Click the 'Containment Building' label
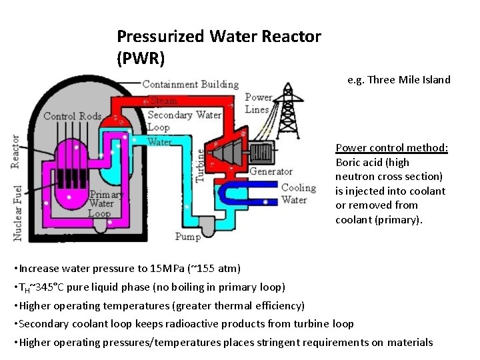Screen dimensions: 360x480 pos(190,85)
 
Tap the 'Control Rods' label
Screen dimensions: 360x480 pos(72,116)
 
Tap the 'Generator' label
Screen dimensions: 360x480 pos(271,171)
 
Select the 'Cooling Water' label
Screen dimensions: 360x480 pos(298,194)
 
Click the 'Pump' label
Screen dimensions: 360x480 pos(187,237)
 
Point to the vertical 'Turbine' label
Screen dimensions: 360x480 pos(200,165)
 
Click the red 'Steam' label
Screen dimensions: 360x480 pos(163,101)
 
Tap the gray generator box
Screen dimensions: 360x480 pos(262,153)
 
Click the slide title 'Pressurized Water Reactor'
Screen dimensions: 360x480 pos(219,36)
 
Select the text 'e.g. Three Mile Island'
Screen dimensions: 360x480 pos(399,80)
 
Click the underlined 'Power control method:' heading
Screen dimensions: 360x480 pos(391,147)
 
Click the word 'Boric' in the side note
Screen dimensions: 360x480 pos(348,162)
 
